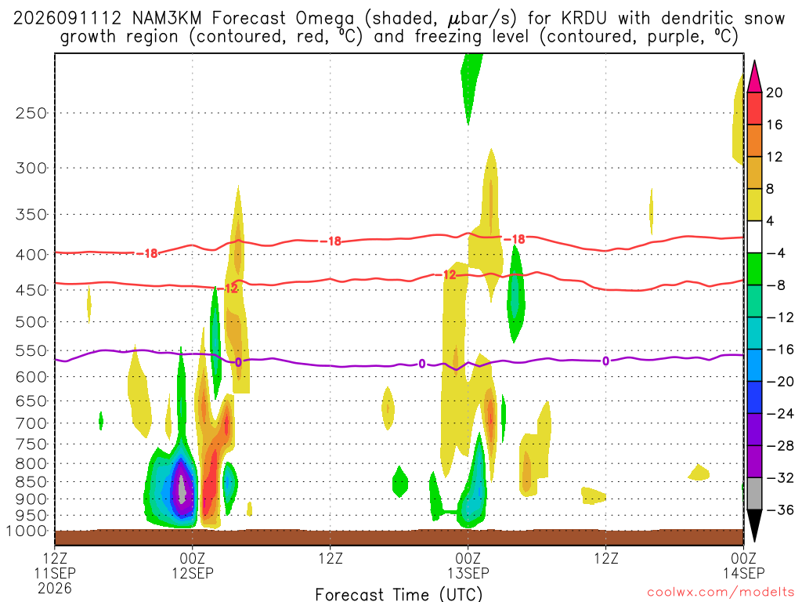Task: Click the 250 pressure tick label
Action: pos(31,113)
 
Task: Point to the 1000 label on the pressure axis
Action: pos(27,531)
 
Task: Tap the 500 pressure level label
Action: pos(31,322)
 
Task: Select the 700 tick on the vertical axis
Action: pos(31,423)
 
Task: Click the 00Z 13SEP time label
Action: pos(468,565)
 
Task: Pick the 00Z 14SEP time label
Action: pos(743,565)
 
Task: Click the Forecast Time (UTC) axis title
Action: pos(399,594)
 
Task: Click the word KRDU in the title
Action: pos(583,19)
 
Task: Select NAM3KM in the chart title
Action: pos(167,19)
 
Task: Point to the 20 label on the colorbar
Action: pos(774,92)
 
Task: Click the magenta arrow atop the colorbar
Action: pos(754,77)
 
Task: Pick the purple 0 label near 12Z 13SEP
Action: pos(605,361)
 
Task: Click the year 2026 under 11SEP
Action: pos(55,588)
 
